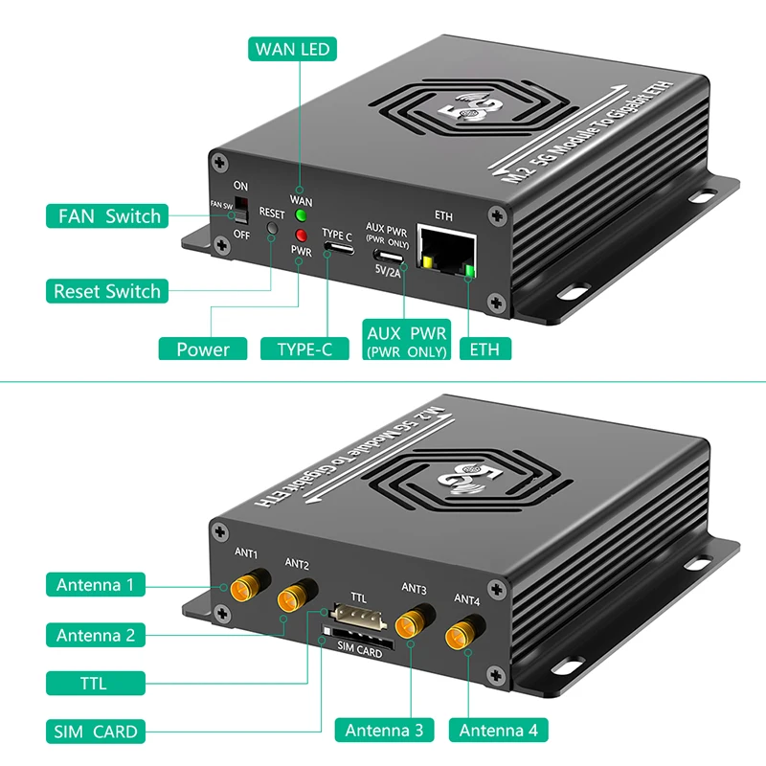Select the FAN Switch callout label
pyautogui.click(x=106, y=215)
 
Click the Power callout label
pyautogui.click(x=203, y=349)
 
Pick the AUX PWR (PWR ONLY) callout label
pyautogui.click(x=407, y=342)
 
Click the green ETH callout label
pyautogui.click(x=484, y=349)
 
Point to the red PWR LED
pyautogui.click(x=301, y=236)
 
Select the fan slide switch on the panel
pyautogui.click(x=240, y=209)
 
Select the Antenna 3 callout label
pyautogui.click(x=383, y=731)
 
